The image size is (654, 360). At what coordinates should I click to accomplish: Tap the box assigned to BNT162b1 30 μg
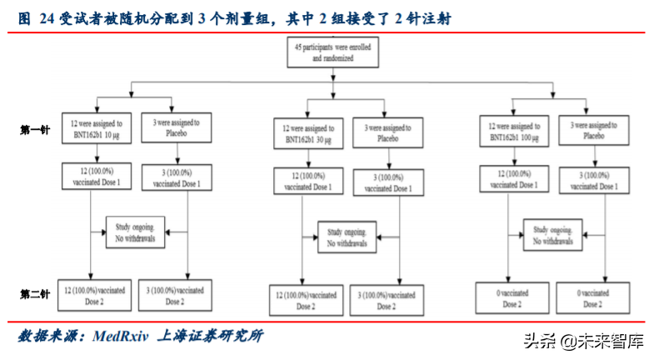[x=305, y=133]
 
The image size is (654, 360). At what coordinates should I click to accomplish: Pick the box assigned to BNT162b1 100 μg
[x=515, y=129]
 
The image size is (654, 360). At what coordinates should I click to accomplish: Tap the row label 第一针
[x=35, y=130]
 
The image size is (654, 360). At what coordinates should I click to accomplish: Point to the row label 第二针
[x=35, y=295]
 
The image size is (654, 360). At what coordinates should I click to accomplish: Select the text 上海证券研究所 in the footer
[x=212, y=336]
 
